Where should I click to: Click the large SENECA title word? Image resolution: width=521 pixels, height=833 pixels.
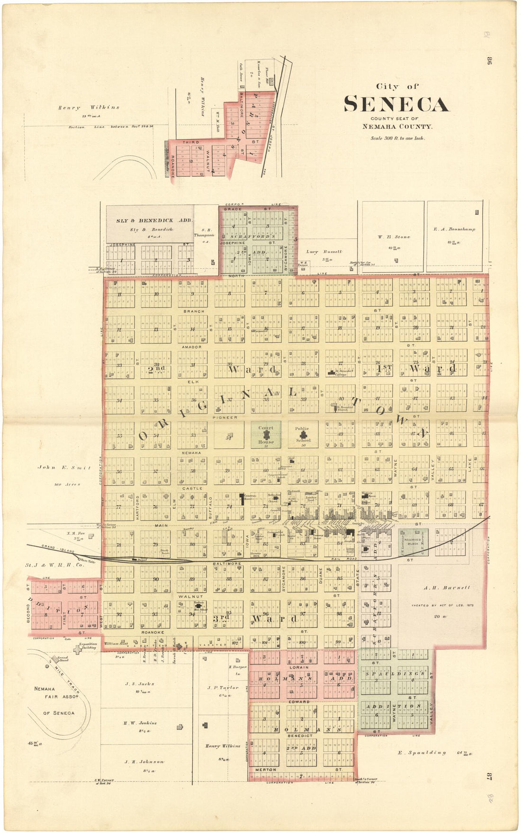click(396, 104)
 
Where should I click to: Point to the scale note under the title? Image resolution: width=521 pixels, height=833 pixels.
click(398, 138)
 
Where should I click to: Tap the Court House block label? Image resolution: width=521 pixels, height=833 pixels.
click(266, 434)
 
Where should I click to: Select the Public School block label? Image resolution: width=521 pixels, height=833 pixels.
click(302, 434)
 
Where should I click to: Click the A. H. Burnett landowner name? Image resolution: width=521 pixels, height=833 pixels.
click(443, 588)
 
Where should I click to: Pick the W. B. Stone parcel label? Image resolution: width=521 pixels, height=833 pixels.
click(394, 237)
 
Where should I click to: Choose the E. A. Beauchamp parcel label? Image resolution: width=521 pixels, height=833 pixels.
click(454, 229)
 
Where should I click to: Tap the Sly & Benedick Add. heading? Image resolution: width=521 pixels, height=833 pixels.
click(150, 221)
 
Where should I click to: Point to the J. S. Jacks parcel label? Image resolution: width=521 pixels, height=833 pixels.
click(140, 683)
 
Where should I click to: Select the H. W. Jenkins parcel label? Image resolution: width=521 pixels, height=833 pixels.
click(140, 723)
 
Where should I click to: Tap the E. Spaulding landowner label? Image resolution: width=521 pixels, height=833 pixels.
click(422, 753)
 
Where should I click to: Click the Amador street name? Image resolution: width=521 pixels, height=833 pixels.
click(192, 347)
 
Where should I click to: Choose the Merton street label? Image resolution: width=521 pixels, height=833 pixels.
click(266, 770)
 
